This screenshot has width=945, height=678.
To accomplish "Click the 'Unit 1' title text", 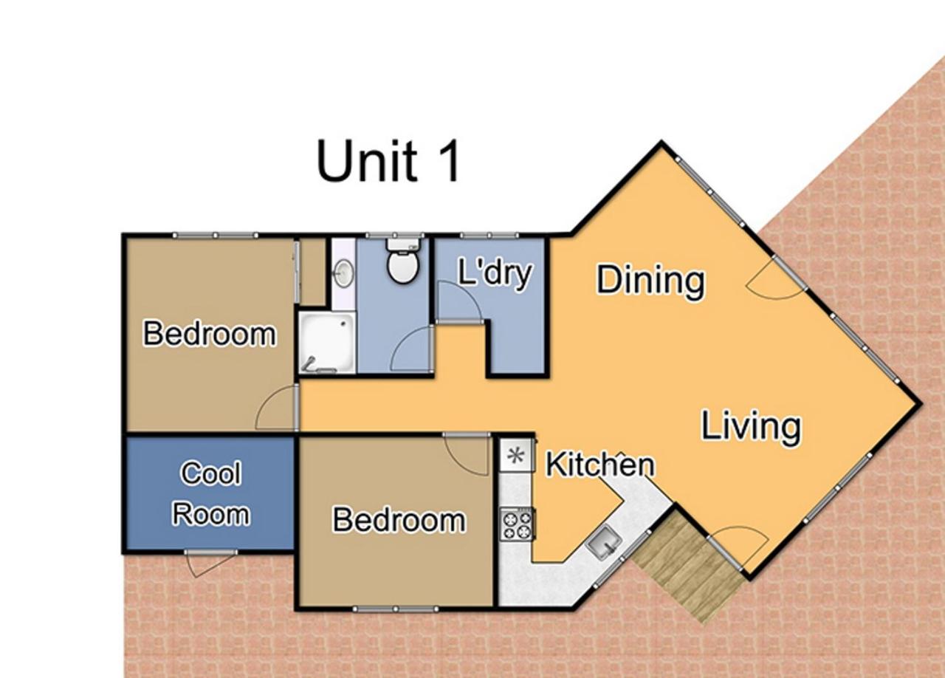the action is (x=388, y=161).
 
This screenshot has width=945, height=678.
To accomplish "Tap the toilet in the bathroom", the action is (x=403, y=261).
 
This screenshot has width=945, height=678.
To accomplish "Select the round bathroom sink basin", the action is (x=344, y=273).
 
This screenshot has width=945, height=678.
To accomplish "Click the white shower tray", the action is (x=327, y=343).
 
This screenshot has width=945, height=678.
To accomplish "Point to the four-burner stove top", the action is (x=518, y=524).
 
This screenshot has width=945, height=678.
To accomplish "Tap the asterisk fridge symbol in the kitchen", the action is (x=516, y=456).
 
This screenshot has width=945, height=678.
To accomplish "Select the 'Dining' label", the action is (x=650, y=281).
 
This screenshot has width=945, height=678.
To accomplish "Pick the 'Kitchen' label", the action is (x=600, y=465).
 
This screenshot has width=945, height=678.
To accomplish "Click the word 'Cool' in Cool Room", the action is (x=211, y=473).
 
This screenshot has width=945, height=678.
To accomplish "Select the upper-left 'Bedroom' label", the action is (x=210, y=334).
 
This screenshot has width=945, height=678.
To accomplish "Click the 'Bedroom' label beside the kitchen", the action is (x=399, y=520).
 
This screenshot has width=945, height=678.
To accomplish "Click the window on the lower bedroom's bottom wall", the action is (x=396, y=609).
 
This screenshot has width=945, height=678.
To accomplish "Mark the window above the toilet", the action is (x=395, y=235).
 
